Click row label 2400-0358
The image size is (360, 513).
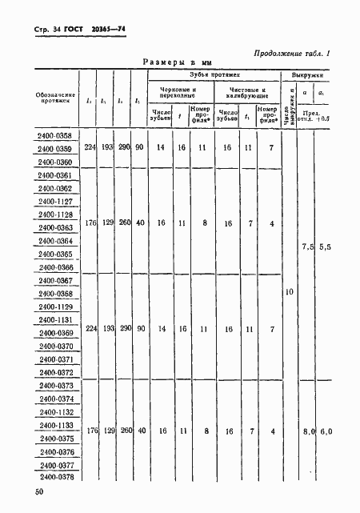coord(54,136)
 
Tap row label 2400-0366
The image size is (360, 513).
coord(54,267)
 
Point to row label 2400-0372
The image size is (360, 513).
coord(54,372)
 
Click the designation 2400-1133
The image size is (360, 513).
coord(54,425)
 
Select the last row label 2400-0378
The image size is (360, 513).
coord(54,477)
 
